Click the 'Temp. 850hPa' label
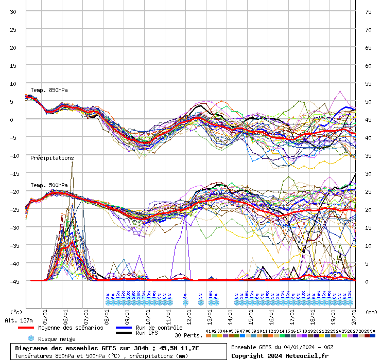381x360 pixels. [x=49, y=90]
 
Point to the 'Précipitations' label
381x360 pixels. [x=52, y=158]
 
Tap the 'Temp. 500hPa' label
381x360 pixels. [x=49, y=185]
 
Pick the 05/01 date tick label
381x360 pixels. [x=45, y=313]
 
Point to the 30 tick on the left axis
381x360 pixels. [x=13, y=11]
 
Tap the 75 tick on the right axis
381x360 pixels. [x=368, y=11]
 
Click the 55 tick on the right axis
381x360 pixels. [x=368, y=83]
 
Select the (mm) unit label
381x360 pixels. [x=371, y=312]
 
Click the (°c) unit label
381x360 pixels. [x=16, y=312]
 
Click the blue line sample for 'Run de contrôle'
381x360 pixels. [x=124, y=328]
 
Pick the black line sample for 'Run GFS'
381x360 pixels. [x=124, y=333]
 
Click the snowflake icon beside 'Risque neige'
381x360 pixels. [x=31, y=338]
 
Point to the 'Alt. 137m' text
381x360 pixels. [x=18, y=320]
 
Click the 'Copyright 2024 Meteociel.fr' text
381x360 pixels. [x=280, y=355]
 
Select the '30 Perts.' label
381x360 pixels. [x=187, y=335]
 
